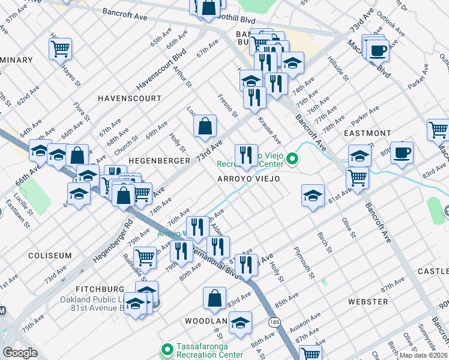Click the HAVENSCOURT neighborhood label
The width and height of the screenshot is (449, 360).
click(x=130, y=98)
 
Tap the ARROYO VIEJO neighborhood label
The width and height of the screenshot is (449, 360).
click(x=248, y=179)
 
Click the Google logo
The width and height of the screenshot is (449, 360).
click(x=20, y=353)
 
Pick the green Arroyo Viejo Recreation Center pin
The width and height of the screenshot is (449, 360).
click(x=292, y=159)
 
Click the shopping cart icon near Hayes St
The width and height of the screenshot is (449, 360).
click(x=60, y=49)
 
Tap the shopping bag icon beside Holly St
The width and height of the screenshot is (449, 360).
click(x=205, y=126)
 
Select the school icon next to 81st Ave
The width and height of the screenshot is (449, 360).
click(x=312, y=197)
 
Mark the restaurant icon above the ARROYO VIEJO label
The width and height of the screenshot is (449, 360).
click(x=246, y=155)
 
